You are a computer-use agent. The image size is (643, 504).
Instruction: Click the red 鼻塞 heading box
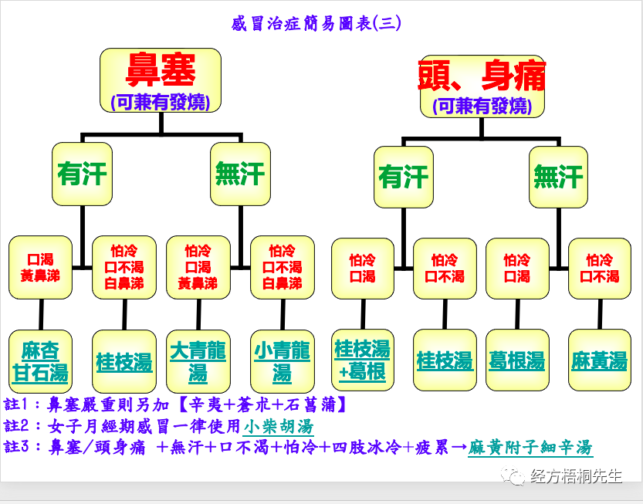click(x=161, y=79)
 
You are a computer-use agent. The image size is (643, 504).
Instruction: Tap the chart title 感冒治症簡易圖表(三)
click(x=316, y=23)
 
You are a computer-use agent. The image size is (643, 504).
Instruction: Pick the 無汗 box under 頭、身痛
click(x=557, y=178)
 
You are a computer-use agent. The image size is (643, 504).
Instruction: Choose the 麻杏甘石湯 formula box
click(x=40, y=361)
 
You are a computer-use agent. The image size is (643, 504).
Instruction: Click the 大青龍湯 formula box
click(x=198, y=361)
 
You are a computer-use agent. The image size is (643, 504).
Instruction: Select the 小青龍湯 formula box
click(x=282, y=361)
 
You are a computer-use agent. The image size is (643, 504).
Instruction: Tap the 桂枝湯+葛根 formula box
click(x=362, y=360)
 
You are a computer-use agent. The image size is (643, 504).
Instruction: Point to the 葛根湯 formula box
click(x=516, y=360)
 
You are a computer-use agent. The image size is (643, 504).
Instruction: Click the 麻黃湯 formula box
click(x=599, y=360)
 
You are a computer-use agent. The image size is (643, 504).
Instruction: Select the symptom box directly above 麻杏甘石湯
click(x=40, y=267)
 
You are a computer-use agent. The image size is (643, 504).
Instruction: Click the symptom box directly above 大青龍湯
click(x=198, y=267)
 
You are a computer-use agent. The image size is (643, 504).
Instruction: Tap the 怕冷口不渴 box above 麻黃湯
click(x=599, y=268)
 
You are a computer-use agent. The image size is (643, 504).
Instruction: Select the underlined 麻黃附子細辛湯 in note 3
click(x=530, y=447)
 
